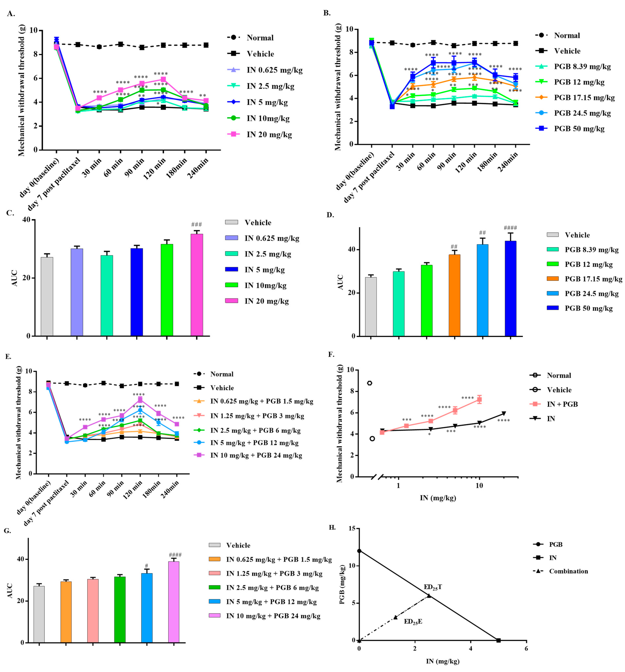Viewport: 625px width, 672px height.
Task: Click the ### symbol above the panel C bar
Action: [196, 224]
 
